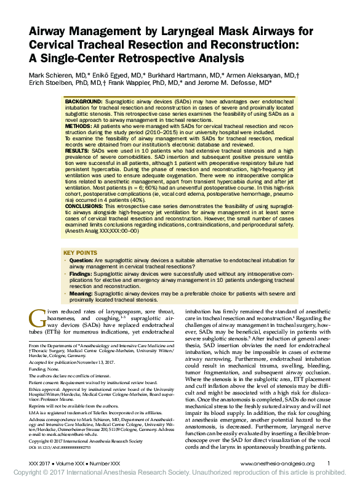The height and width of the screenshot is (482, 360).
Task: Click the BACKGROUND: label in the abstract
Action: point(84,100)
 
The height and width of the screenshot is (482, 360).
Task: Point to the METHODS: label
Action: point(79,124)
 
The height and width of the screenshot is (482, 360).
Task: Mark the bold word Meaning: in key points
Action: point(82,295)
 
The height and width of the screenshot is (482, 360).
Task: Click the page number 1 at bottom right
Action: point(329,464)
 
